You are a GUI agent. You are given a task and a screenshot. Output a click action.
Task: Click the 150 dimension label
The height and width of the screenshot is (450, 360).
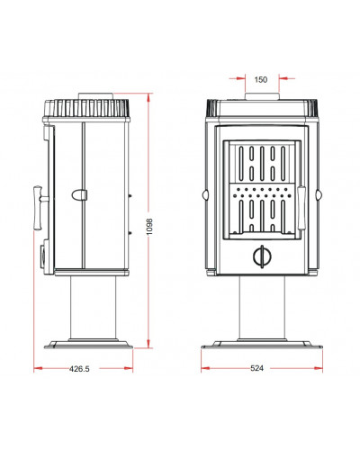[260, 79]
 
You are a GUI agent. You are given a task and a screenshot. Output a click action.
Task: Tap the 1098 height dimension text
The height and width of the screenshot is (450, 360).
[149, 227]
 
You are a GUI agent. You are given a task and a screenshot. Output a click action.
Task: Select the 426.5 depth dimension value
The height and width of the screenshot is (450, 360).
[79, 369]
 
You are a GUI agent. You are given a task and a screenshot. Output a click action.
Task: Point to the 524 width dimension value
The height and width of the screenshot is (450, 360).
[256, 368]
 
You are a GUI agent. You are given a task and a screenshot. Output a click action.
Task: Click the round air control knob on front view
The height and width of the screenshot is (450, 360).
[262, 256]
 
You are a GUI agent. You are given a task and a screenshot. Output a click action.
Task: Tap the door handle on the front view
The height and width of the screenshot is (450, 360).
[301, 208]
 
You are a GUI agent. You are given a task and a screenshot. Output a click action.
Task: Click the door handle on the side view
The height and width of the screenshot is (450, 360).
[40, 208]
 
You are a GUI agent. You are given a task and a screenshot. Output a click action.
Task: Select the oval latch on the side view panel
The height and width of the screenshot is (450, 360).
[79, 195]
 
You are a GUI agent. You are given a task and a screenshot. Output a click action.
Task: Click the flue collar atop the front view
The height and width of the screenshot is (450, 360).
[262, 96]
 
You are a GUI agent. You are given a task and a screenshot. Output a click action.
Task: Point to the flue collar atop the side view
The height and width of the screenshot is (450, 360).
[96, 96]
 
